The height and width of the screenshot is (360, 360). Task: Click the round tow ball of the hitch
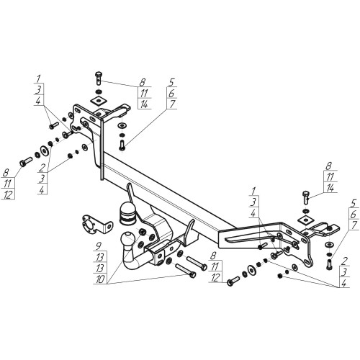(x=127, y=239)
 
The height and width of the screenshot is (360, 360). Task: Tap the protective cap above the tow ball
(x=127, y=213)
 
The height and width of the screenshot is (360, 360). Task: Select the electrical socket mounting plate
(x=96, y=225)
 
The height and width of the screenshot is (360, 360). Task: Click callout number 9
(x=99, y=246)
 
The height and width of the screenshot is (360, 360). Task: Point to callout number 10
(x=100, y=279)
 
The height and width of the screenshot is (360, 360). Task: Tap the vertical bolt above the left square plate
(x=99, y=78)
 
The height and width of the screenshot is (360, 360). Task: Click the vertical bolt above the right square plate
(x=306, y=197)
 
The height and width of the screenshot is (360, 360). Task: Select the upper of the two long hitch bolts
(x=197, y=263)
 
